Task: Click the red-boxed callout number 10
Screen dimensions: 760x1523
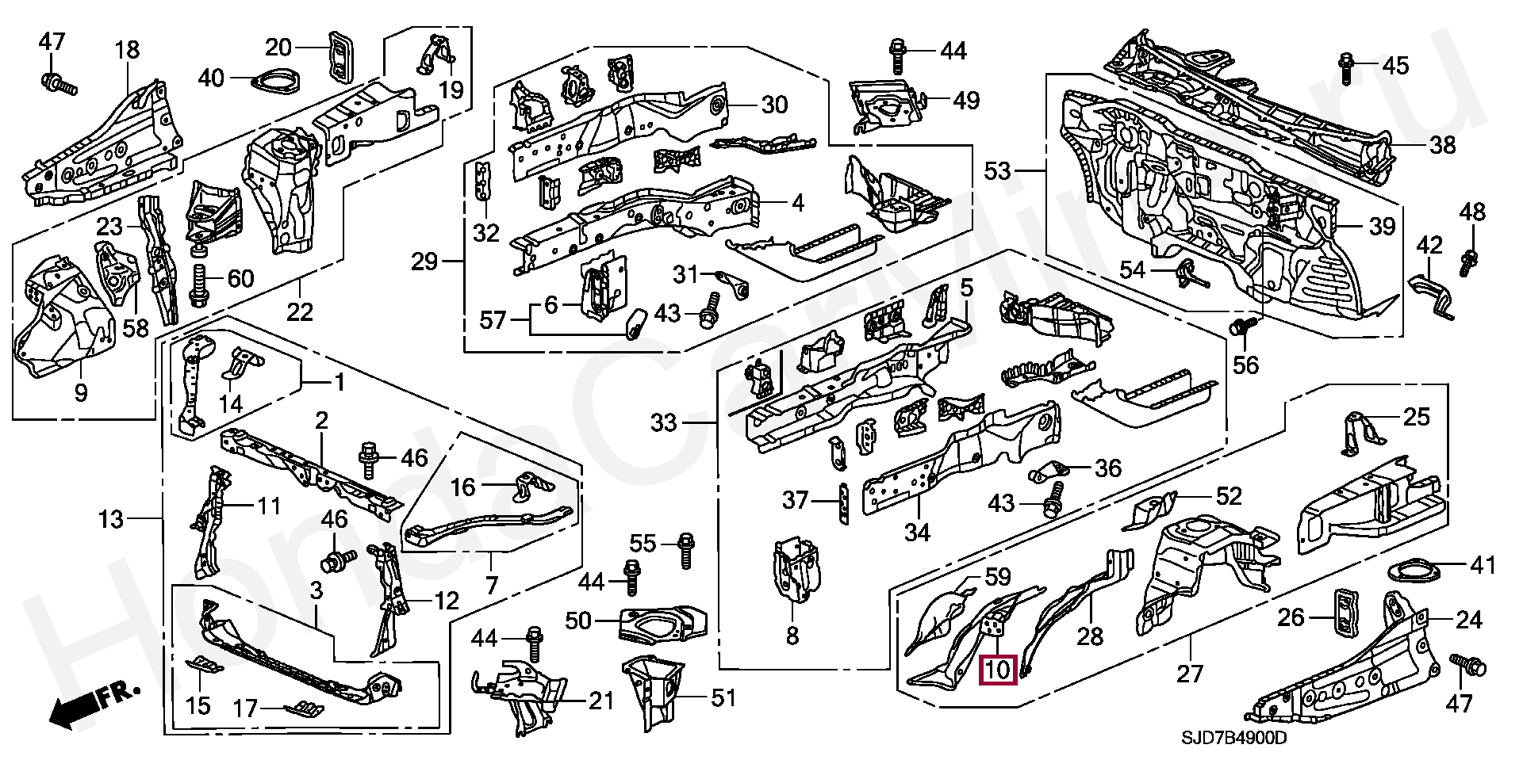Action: click(x=998, y=670)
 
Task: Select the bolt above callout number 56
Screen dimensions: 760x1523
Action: click(x=1241, y=327)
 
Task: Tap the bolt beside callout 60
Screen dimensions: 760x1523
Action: click(x=198, y=286)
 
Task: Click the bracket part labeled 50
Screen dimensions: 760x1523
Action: click(x=660, y=625)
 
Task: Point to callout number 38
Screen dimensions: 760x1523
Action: click(x=1442, y=144)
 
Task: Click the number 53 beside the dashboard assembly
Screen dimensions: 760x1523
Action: click(x=998, y=170)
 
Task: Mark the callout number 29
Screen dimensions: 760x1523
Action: click(x=424, y=261)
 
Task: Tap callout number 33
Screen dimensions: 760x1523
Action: click(x=664, y=422)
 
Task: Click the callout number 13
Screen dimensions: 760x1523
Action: click(x=111, y=519)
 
